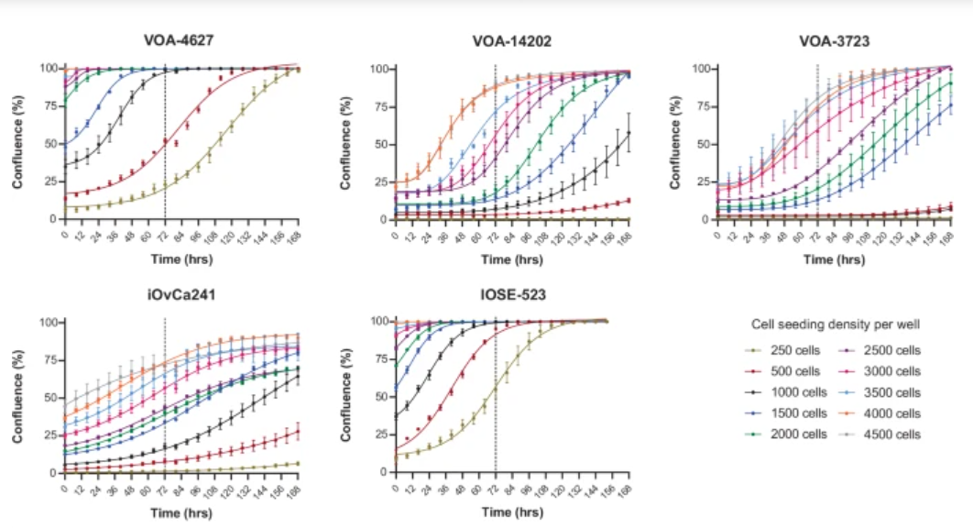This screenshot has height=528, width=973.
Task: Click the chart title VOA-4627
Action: [x=180, y=41]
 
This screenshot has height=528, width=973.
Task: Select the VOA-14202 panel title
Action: [x=511, y=41]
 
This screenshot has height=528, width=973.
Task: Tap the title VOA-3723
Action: [x=834, y=41]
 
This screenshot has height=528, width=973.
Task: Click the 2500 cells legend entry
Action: [x=889, y=350]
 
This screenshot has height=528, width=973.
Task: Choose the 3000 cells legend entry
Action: [x=889, y=371]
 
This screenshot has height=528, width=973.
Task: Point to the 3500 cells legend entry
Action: [x=889, y=392]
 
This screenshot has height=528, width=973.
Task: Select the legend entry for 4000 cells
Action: [x=889, y=413]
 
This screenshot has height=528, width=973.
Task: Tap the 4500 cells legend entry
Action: [x=889, y=434]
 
